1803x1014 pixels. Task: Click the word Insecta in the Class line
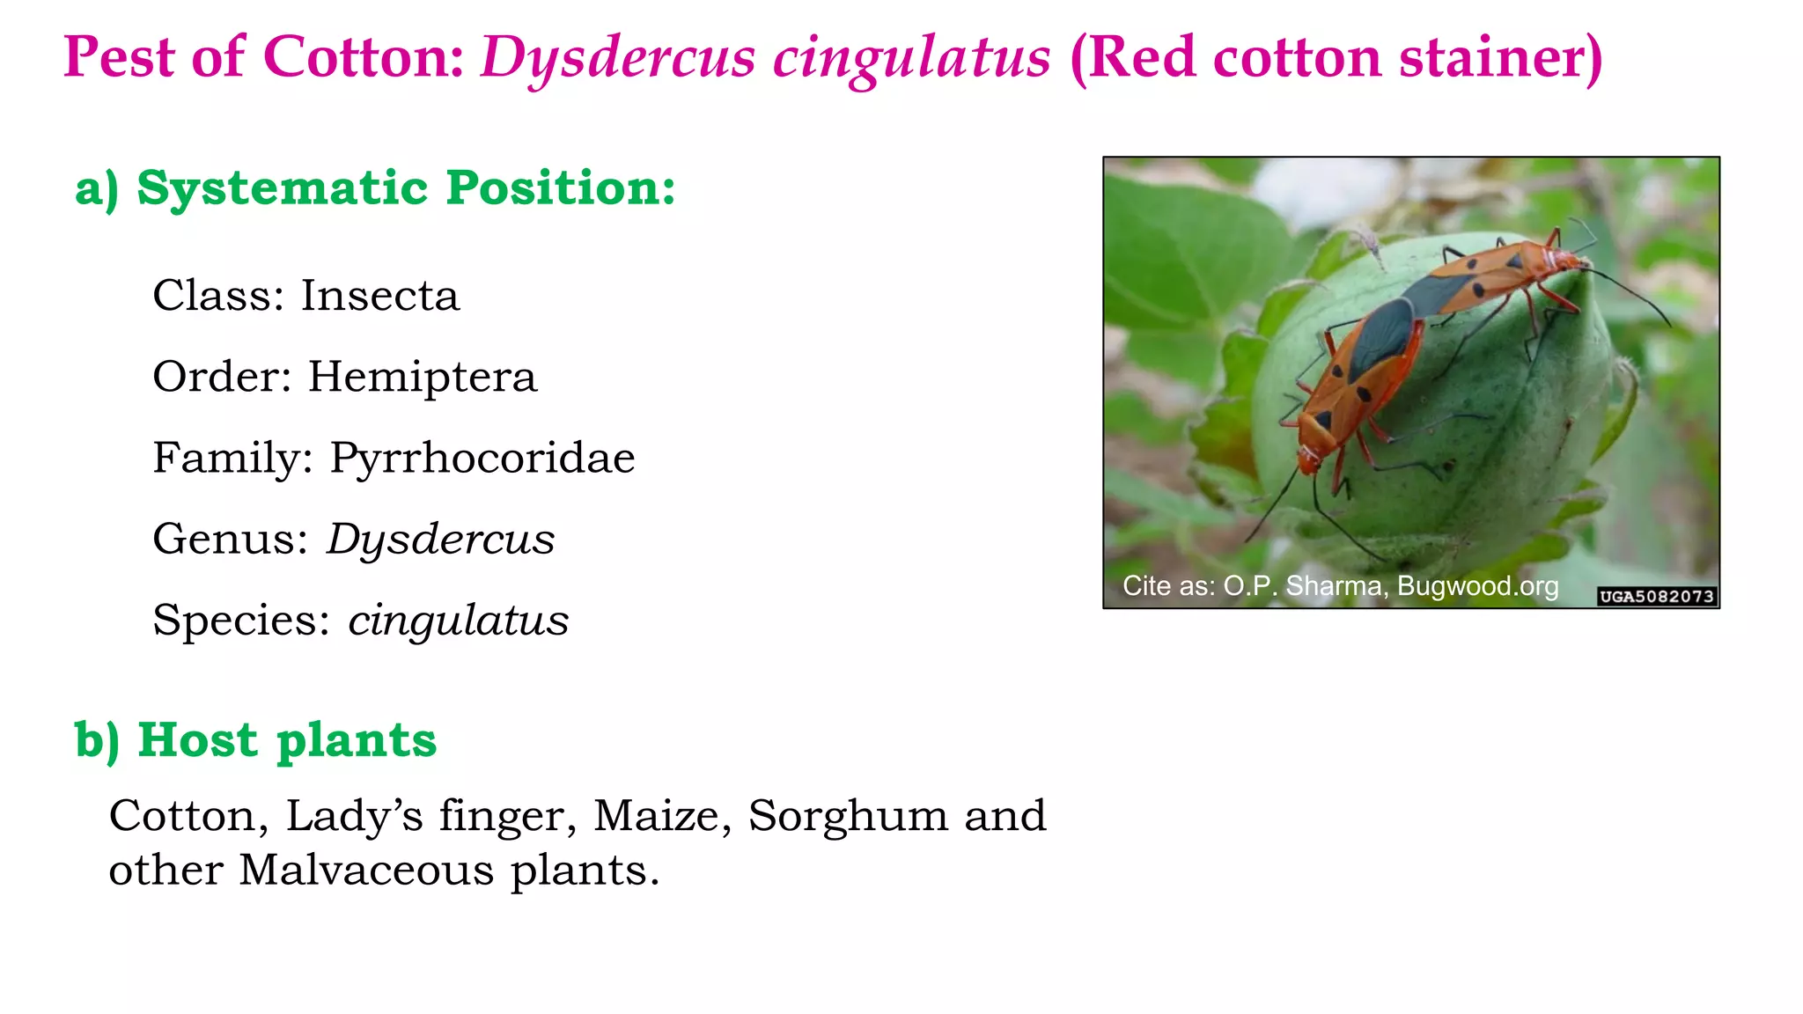379,296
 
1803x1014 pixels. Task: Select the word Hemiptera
422,377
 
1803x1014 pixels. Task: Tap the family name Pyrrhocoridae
482,458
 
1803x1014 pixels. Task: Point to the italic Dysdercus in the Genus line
440,539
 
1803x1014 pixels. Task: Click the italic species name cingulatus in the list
458,620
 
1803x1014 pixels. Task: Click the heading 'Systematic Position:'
406,187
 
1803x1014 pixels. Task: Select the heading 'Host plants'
286,739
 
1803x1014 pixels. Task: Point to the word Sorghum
848,815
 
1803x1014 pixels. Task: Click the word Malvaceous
366,870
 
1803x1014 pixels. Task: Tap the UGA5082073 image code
1656,596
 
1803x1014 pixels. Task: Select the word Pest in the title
119,57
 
